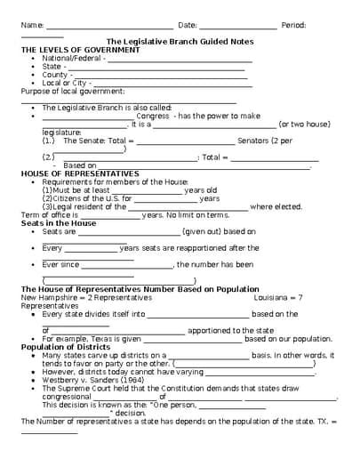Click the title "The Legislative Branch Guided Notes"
(x=180, y=42)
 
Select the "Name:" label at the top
(x=31, y=25)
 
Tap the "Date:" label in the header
(x=188, y=25)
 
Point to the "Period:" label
(x=293, y=25)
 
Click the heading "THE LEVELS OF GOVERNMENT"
(x=80, y=50)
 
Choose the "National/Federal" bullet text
(x=72, y=59)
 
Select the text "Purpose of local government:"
(x=73, y=91)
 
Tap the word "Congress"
(x=152, y=116)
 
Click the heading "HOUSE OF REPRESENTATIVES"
(x=80, y=173)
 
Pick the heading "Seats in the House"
(x=59, y=223)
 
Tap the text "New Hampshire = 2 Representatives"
(x=76, y=297)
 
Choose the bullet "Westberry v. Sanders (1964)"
(x=92, y=380)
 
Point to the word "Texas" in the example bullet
(x=106, y=339)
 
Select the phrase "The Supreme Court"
(x=79, y=388)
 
